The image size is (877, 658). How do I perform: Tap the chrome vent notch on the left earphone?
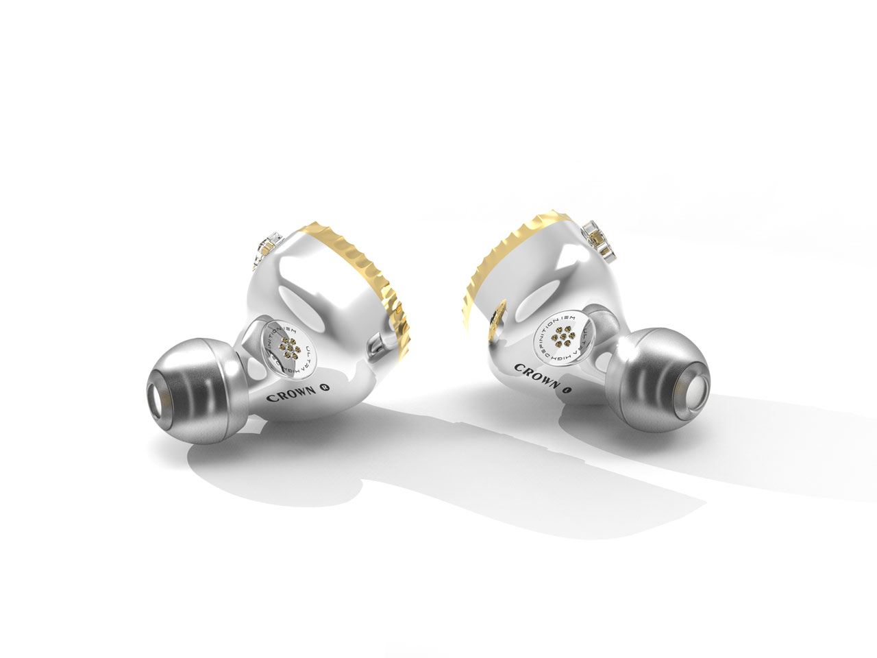pyautogui.click(x=376, y=343)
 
